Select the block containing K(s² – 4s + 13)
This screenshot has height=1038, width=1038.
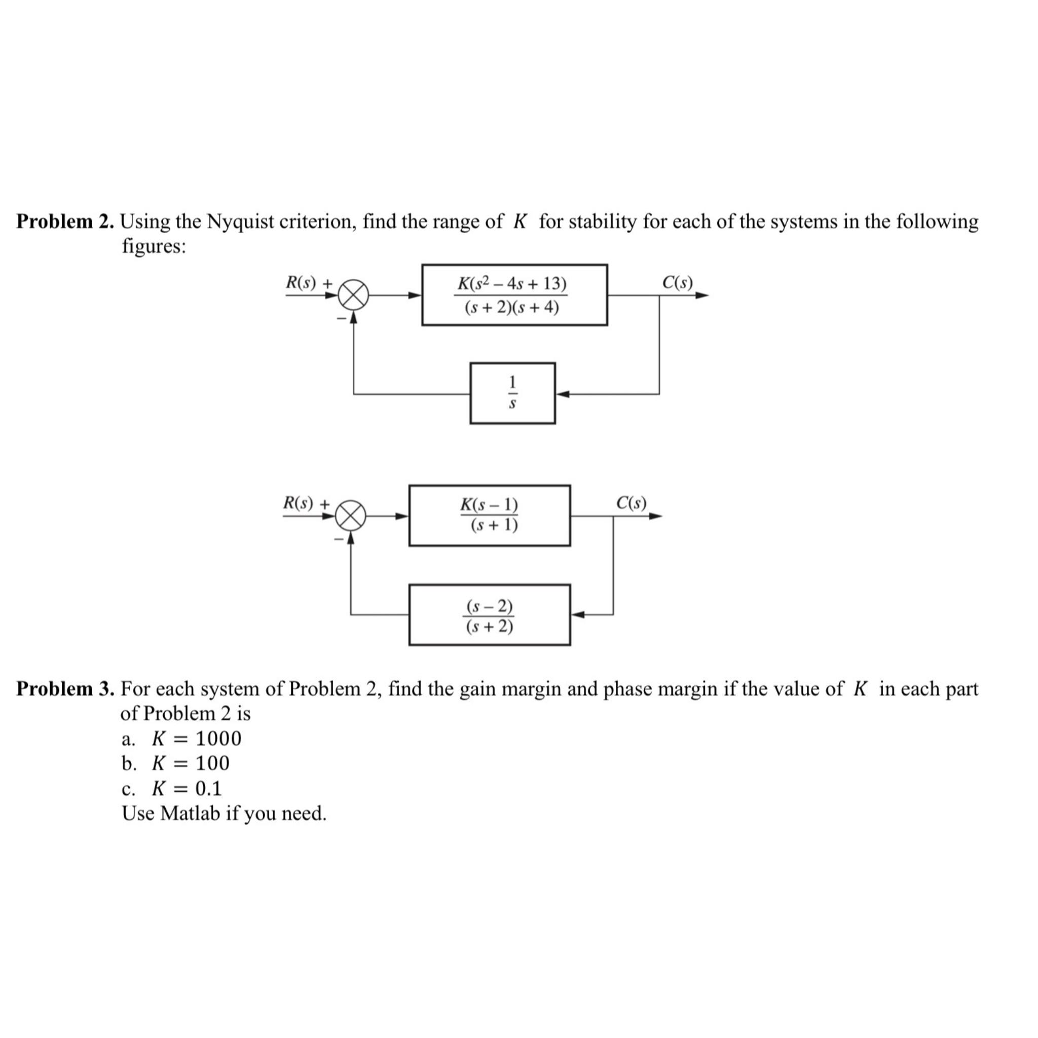[x=514, y=294]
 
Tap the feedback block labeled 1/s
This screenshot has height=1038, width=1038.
[x=512, y=393]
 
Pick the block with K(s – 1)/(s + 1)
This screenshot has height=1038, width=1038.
[x=489, y=515]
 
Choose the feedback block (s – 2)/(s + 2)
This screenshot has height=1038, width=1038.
[x=489, y=614]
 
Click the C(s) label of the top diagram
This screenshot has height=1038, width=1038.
[x=677, y=282]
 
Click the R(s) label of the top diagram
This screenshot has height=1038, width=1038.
[x=301, y=282]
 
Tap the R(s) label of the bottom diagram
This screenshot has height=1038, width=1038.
[x=298, y=503]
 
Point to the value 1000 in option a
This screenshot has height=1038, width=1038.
[x=218, y=739]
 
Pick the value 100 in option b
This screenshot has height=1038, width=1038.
[x=212, y=763]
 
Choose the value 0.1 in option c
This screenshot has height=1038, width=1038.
[x=208, y=788]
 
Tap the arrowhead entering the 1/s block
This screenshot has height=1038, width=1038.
[x=562, y=394]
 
